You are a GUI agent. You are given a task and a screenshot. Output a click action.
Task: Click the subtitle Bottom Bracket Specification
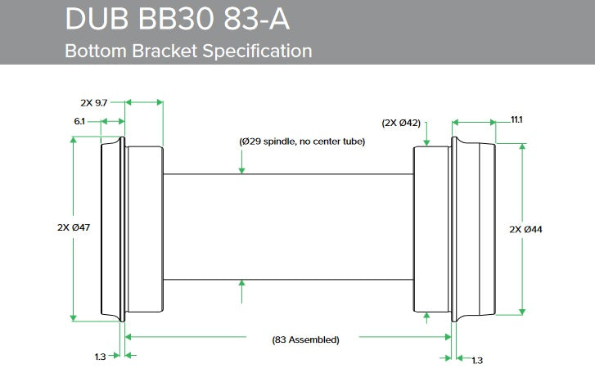(x=188, y=51)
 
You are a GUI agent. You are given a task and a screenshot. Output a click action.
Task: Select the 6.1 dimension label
(x=79, y=120)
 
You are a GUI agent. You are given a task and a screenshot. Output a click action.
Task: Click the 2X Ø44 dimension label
(x=525, y=229)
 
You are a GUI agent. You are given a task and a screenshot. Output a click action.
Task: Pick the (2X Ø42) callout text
(x=401, y=123)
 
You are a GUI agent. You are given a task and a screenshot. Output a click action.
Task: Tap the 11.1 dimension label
(x=516, y=119)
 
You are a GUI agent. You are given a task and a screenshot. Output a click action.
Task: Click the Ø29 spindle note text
(x=302, y=142)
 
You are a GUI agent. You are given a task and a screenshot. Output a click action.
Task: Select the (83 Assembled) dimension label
(x=305, y=339)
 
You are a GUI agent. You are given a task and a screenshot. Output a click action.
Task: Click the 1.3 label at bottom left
(x=100, y=357)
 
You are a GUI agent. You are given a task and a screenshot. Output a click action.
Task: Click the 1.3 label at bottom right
(x=477, y=360)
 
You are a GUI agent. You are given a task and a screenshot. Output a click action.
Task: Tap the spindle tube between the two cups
(x=286, y=227)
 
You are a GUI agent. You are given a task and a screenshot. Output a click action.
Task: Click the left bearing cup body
(x=144, y=228)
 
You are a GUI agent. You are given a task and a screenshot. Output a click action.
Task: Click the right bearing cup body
(x=432, y=228)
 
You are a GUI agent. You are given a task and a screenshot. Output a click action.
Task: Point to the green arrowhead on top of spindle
(x=242, y=169)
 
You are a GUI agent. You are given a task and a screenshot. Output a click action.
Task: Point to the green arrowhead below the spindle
(x=242, y=284)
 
